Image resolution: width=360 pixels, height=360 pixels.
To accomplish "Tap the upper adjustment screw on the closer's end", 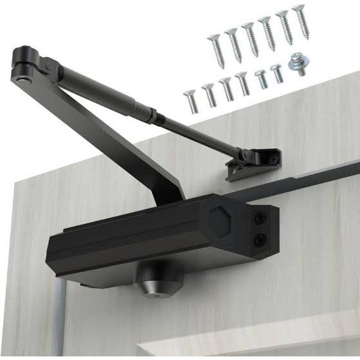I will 260,219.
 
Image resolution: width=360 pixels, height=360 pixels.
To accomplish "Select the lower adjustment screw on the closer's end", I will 259,240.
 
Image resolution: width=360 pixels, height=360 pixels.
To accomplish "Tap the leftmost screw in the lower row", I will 191,101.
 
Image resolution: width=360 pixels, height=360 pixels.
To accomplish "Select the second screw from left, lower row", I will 210,95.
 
